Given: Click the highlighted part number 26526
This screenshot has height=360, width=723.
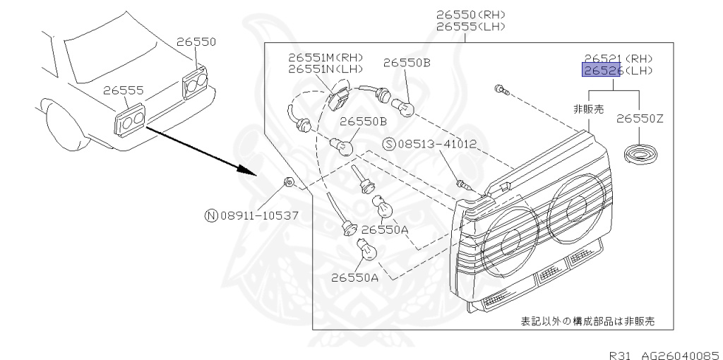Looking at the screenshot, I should (601, 71).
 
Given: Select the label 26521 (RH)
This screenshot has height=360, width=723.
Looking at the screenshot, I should (618, 59).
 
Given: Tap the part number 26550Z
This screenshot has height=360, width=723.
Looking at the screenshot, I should (640, 119).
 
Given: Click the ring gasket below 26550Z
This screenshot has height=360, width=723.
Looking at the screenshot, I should (640, 152).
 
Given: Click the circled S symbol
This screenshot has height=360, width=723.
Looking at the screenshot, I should (388, 145).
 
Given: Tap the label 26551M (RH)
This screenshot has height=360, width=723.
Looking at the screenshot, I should (325, 57).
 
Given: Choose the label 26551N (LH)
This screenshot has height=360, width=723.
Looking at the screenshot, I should (325, 69).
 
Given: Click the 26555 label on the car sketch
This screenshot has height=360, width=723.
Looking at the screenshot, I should (123, 90).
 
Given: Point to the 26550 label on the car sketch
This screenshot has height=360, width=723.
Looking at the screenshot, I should (196, 42).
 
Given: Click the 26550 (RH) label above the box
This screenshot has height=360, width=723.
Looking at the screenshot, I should (471, 14).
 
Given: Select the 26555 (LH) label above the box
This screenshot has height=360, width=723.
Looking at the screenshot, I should (471, 26).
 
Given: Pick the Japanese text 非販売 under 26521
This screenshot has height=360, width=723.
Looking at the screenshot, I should (590, 109).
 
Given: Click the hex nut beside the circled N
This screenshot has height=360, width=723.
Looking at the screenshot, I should (288, 183).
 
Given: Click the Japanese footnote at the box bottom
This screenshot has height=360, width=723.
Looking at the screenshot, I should (587, 321).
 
